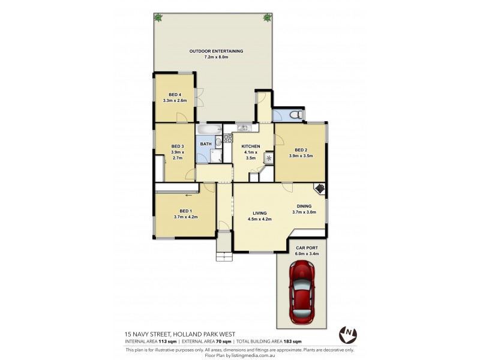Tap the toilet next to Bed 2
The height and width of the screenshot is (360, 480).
pos(293,115)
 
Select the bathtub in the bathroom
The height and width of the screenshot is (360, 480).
pos(209,129)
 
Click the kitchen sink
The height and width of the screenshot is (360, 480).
pos(242,128)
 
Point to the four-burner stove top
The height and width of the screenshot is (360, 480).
pos(228,139)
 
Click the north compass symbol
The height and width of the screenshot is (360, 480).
pos(347,334)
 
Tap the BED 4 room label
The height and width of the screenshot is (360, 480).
pos(175,94)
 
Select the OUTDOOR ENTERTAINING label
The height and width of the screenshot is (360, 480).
pos(216,52)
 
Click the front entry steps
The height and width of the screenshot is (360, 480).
pos(224,246)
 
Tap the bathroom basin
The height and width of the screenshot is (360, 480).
pos(219,143)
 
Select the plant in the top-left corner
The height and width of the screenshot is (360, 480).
pos(158,18)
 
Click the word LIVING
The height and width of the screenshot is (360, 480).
pos(259,213)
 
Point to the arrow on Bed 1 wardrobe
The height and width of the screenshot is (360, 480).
pos(188,194)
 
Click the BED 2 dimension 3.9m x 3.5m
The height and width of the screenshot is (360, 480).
pos(301,156)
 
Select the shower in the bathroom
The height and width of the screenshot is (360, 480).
pos(217,157)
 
